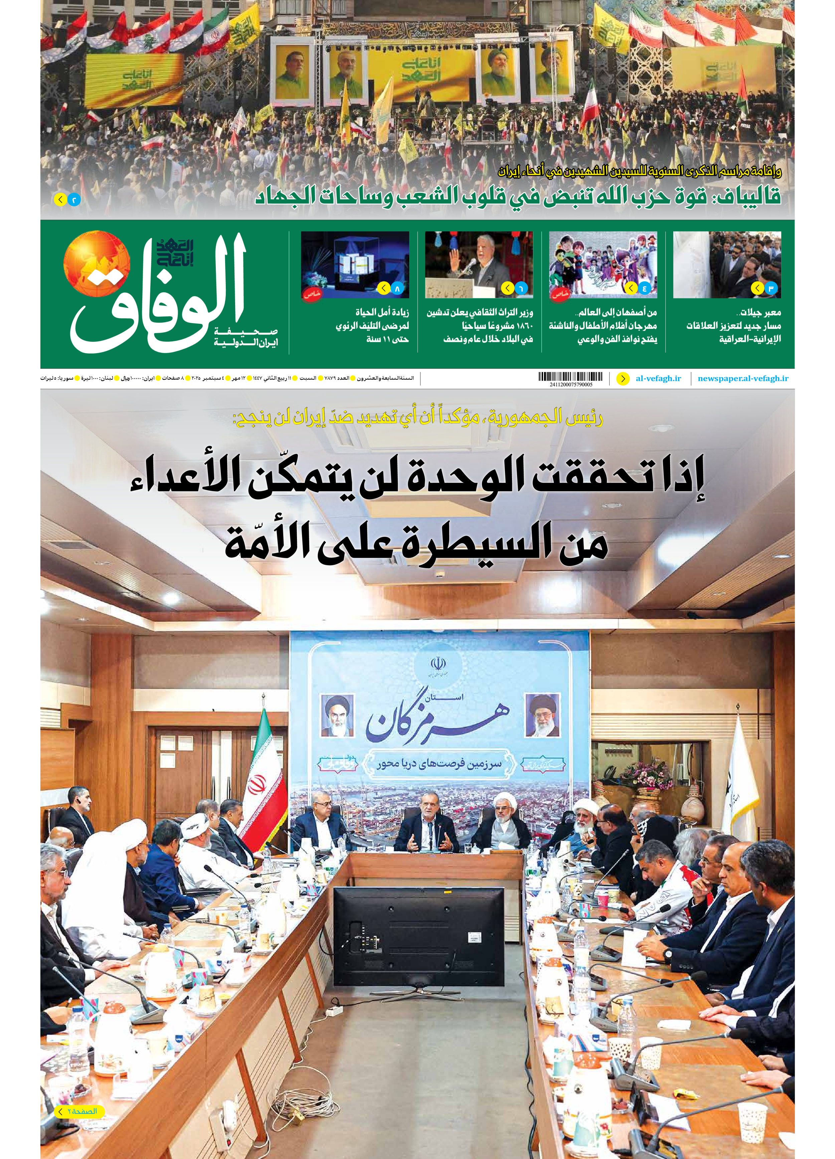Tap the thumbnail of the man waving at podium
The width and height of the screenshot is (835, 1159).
pyautogui.click(x=479, y=264)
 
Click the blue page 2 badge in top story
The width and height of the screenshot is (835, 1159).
pyautogui.click(x=74, y=199)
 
